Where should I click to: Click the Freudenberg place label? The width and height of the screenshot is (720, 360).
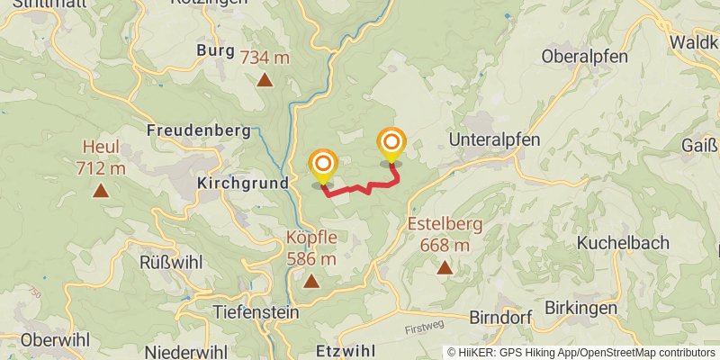coord(199,130)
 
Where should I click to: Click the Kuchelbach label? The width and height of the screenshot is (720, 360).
coord(622,242)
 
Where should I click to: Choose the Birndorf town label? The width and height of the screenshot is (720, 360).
coord(501,318)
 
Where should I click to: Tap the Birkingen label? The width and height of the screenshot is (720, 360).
coord(580,309)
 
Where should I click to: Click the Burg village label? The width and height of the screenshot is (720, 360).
coord(215,50)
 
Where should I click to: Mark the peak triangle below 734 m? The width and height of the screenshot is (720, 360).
coord(265,80)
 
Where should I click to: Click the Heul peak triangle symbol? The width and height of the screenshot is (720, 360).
coord(101,191)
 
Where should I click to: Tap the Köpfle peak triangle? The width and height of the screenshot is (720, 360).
coord(311,282)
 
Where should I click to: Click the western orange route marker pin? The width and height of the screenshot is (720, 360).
coord(322,165)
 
